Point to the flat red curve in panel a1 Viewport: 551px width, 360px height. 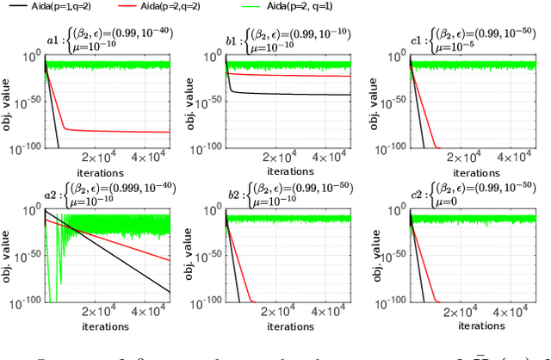click(121, 131)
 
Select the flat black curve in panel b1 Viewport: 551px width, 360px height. click(293, 94)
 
